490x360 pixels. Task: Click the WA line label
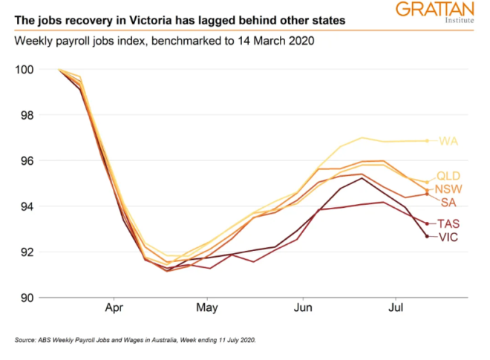(448, 141)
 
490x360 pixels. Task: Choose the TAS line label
(449, 223)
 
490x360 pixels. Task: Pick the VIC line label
(448, 237)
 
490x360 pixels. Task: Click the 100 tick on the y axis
(24, 70)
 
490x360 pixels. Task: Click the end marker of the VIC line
(427, 236)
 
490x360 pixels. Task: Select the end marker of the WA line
(427, 140)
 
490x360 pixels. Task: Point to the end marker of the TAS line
(427, 223)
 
